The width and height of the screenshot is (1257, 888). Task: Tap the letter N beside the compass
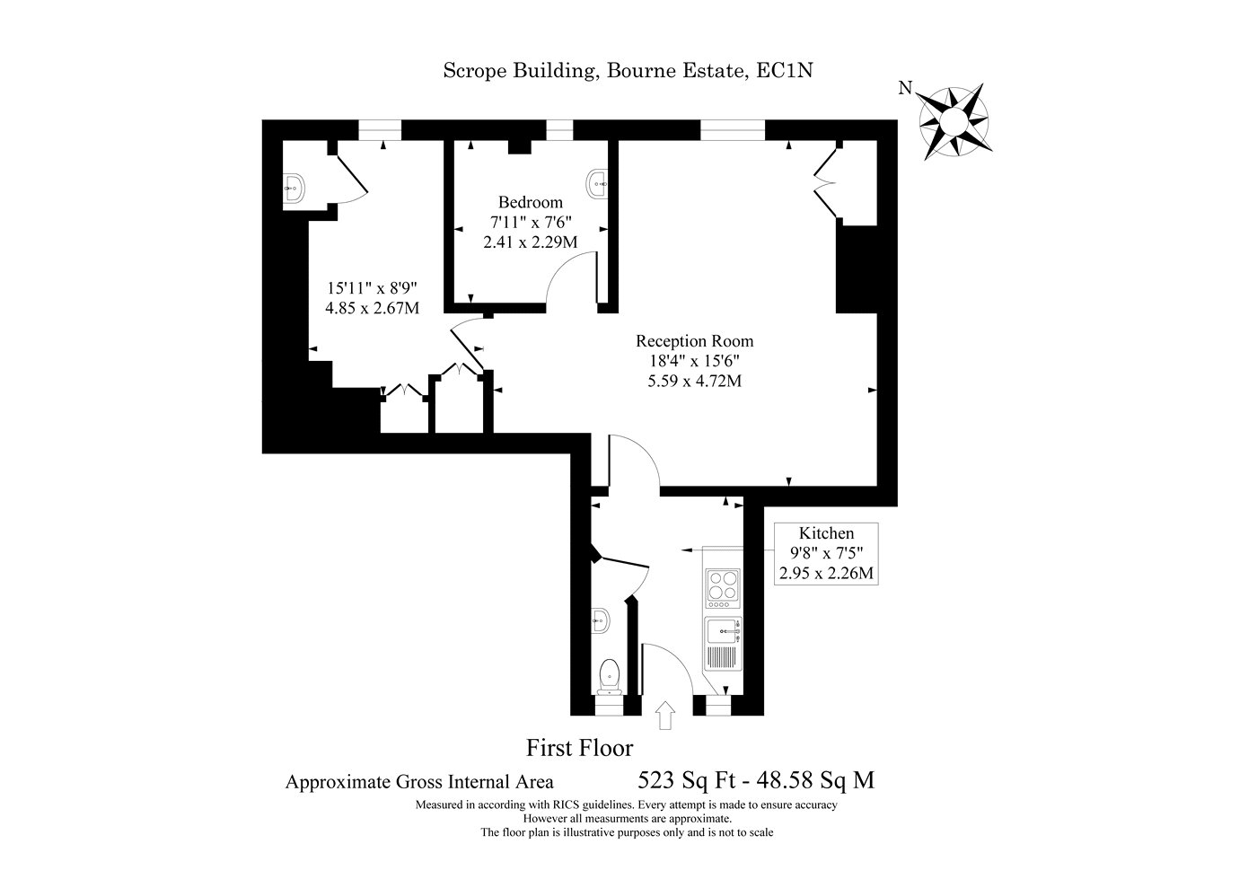[x=906, y=88]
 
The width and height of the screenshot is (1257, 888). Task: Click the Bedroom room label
[x=531, y=202]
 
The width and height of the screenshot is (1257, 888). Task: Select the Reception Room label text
[x=694, y=341]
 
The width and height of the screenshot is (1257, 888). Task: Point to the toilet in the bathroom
[x=610, y=675]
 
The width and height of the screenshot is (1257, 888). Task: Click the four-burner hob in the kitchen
[x=723, y=586]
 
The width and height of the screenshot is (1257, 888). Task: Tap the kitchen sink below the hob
[x=722, y=632]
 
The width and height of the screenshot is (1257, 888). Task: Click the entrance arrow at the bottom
[x=665, y=716]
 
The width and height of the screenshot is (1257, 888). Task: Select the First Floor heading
[x=579, y=747]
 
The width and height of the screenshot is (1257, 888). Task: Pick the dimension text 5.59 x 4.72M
[x=694, y=381]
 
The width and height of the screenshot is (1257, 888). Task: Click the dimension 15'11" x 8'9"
[x=373, y=289]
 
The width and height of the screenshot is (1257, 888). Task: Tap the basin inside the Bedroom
[x=597, y=183]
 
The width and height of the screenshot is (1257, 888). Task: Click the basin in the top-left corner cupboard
[x=294, y=187]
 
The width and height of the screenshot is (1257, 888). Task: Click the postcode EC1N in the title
[x=784, y=71]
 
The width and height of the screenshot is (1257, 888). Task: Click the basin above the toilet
[x=602, y=619]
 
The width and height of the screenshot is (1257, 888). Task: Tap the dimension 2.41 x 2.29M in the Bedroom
[x=530, y=242]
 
